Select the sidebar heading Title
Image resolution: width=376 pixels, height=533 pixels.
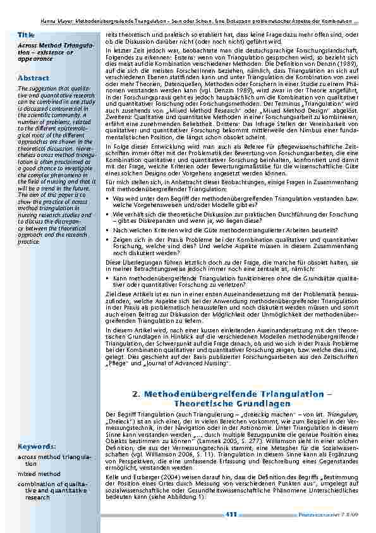(x=27, y=34)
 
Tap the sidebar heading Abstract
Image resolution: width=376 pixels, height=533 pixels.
(x=33, y=78)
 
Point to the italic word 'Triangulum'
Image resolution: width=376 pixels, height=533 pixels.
(x=334, y=413)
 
